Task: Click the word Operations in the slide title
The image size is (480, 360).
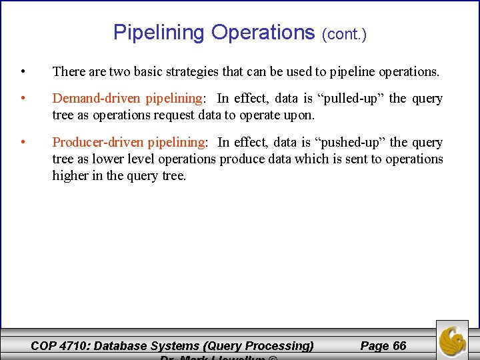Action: click(263, 32)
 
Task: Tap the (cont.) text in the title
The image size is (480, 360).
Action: click(344, 34)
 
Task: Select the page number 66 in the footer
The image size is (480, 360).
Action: click(399, 345)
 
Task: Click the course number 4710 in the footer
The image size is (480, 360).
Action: click(74, 345)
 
